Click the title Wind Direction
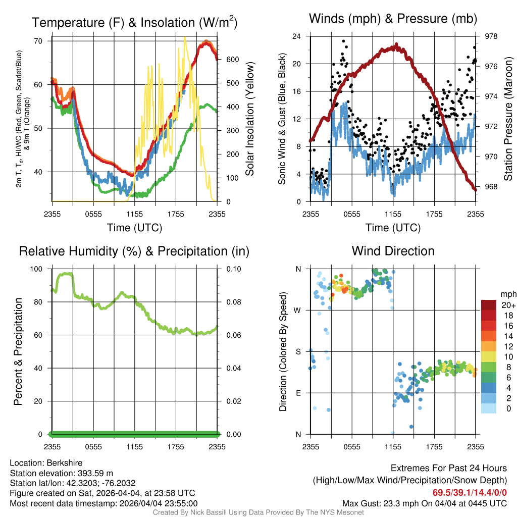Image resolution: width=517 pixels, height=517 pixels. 393,251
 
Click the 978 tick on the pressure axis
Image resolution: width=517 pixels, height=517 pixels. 491,36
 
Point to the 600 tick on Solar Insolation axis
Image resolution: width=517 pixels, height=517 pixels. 232,60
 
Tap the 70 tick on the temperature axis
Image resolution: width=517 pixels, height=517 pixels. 38,41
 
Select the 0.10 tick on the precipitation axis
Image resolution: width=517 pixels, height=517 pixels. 234,269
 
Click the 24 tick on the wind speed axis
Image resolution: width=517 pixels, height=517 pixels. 296,36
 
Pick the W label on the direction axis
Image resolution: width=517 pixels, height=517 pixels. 297,311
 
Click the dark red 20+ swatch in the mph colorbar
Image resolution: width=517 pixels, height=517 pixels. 489,305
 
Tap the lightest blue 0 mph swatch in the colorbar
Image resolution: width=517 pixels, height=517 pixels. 489,408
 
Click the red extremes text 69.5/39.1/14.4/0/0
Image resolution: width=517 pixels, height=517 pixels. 470,493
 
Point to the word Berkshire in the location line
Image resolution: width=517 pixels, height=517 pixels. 64,463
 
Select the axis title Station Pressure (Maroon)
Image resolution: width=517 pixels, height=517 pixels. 508,119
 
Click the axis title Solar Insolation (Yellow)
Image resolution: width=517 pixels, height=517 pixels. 249,119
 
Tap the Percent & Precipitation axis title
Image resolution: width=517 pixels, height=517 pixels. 18,351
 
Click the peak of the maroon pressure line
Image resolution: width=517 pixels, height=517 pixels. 396,44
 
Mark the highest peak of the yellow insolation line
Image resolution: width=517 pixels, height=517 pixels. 185,37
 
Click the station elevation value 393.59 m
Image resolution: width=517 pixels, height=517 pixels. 95,473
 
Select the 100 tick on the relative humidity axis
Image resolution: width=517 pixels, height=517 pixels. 36,269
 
